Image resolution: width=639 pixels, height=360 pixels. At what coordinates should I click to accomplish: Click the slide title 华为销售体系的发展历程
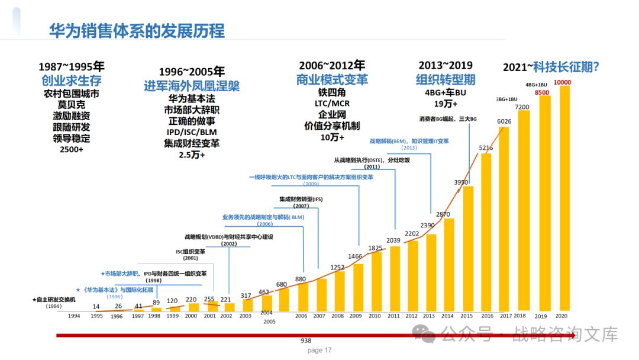click(137, 30)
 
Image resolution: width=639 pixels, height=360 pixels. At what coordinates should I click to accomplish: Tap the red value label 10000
click(561, 82)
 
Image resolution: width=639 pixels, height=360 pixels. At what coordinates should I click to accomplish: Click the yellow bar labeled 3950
click(468, 249)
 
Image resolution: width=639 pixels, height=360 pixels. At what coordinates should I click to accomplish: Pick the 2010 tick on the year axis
click(375, 316)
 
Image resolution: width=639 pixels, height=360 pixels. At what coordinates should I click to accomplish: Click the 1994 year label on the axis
click(73, 316)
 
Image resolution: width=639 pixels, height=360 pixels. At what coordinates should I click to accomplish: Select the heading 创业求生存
click(71, 81)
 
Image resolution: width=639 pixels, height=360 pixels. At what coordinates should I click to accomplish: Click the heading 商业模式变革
click(332, 79)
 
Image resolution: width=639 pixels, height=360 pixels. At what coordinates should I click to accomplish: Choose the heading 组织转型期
click(446, 79)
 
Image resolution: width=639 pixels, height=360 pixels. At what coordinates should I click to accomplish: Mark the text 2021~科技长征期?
click(551, 67)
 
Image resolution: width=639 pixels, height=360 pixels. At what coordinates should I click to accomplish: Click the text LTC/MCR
click(332, 103)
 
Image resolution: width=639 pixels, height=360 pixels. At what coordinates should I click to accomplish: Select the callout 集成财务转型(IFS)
click(301, 198)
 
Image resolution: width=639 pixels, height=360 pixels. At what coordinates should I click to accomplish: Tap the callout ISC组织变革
click(191, 251)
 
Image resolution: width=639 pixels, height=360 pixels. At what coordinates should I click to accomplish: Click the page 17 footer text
click(319, 350)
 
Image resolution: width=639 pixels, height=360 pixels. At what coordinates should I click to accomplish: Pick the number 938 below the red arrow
click(306, 342)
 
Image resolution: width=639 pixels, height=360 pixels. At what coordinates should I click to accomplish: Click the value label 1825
click(375, 247)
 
